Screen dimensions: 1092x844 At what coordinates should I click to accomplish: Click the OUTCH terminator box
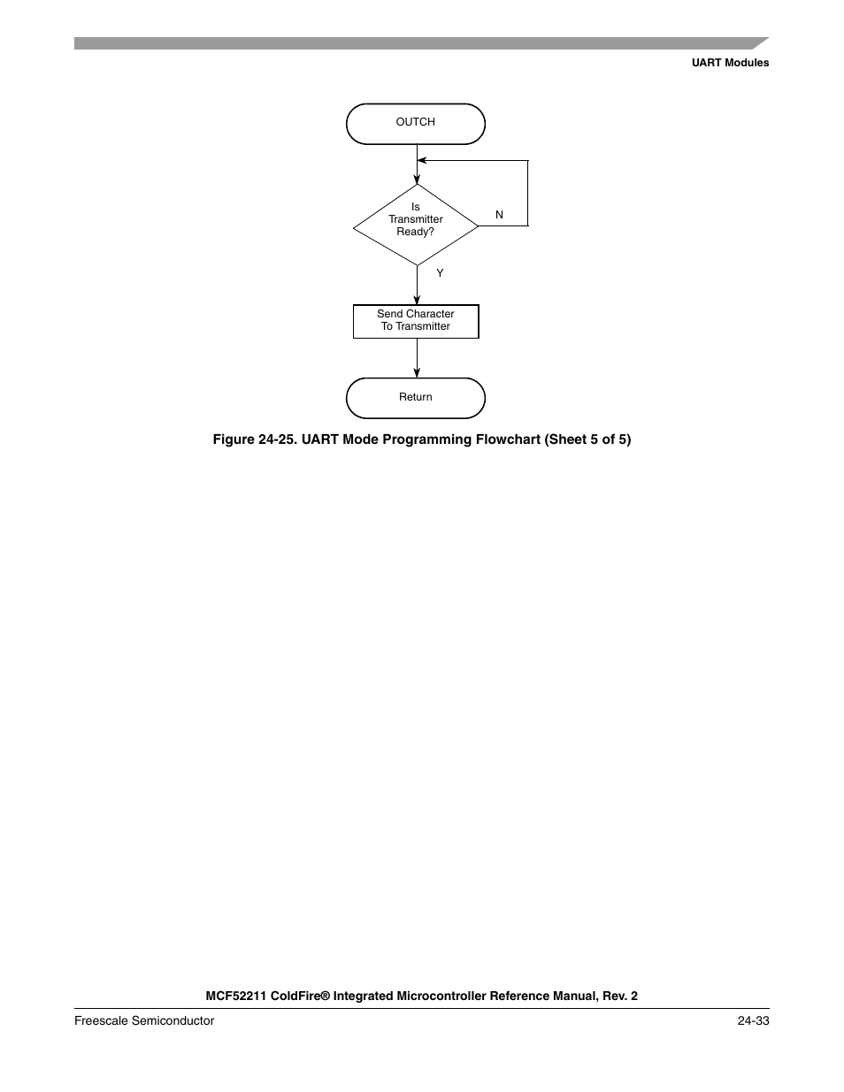tap(415, 123)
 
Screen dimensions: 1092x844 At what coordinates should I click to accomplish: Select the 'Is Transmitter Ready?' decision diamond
tap(415, 225)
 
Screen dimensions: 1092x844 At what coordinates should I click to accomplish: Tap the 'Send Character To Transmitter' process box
tap(415, 321)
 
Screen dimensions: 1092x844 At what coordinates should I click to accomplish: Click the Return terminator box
tap(415, 398)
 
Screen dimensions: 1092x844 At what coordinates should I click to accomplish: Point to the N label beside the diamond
tap(499, 215)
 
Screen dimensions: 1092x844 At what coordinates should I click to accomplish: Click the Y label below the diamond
tap(440, 273)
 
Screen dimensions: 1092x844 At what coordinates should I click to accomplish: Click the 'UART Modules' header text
tap(730, 63)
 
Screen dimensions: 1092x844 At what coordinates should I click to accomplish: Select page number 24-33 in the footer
tap(752, 1020)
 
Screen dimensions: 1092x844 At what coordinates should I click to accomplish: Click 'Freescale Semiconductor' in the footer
tap(144, 1020)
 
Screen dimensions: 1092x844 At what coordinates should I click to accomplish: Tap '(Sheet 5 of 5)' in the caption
tap(588, 439)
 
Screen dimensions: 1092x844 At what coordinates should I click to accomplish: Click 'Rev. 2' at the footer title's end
tap(619, 996)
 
